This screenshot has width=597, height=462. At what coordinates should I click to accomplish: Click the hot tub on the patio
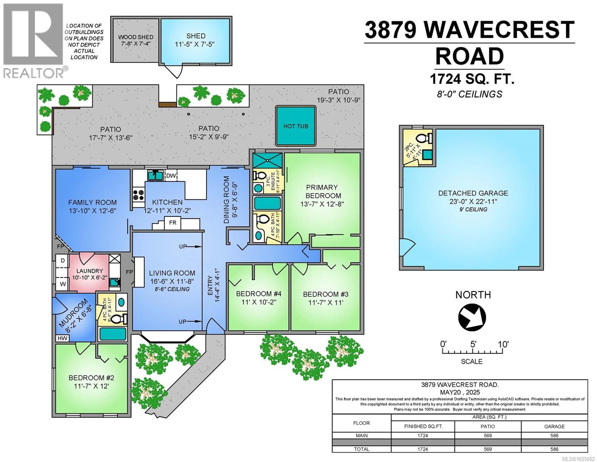tap(296, 126)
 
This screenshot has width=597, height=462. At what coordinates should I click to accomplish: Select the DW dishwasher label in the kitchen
tap(171, 176)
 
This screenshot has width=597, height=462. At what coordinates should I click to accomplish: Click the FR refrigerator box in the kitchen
tap(173, 223)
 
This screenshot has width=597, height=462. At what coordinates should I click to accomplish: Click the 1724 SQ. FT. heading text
tap(471, 79)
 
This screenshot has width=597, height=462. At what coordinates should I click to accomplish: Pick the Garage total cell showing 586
tap(554, 449)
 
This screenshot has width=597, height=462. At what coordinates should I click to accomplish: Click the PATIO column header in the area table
tap(487, 426)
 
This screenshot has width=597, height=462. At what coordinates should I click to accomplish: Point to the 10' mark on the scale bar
tap(503, 344)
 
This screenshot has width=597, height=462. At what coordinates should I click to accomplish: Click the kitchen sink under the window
tap(155, 175)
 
